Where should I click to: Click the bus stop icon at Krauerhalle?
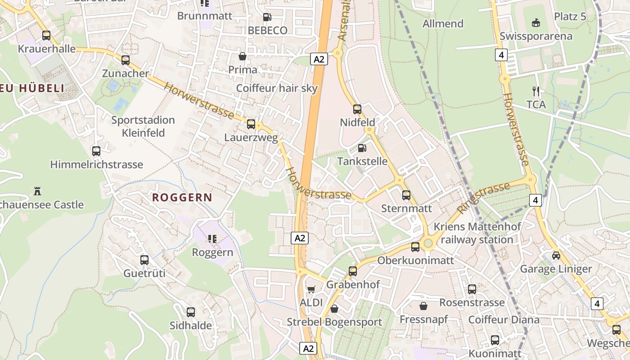(46, 36)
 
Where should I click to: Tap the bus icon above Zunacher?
(126, 60)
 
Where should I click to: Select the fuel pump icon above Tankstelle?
(362, 148)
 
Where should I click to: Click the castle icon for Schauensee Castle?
(37, 191)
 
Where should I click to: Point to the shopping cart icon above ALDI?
(311, 289)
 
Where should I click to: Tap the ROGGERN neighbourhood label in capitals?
(182, 197)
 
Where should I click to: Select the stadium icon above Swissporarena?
(536, 22)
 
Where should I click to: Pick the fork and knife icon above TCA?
(536, 91)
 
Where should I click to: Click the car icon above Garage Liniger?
(556, 256)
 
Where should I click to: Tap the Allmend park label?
(443, 23)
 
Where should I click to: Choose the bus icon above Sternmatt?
(406, 195)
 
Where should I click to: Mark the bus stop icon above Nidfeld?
(357, 109)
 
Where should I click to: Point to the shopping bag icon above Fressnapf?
(423, 306)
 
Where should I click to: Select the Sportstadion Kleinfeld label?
(143, 126)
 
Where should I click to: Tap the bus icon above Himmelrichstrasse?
(96, 151)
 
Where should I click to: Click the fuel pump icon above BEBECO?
(267, 17)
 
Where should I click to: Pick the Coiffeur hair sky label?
(277, 88)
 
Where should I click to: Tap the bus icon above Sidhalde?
(191, 312)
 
